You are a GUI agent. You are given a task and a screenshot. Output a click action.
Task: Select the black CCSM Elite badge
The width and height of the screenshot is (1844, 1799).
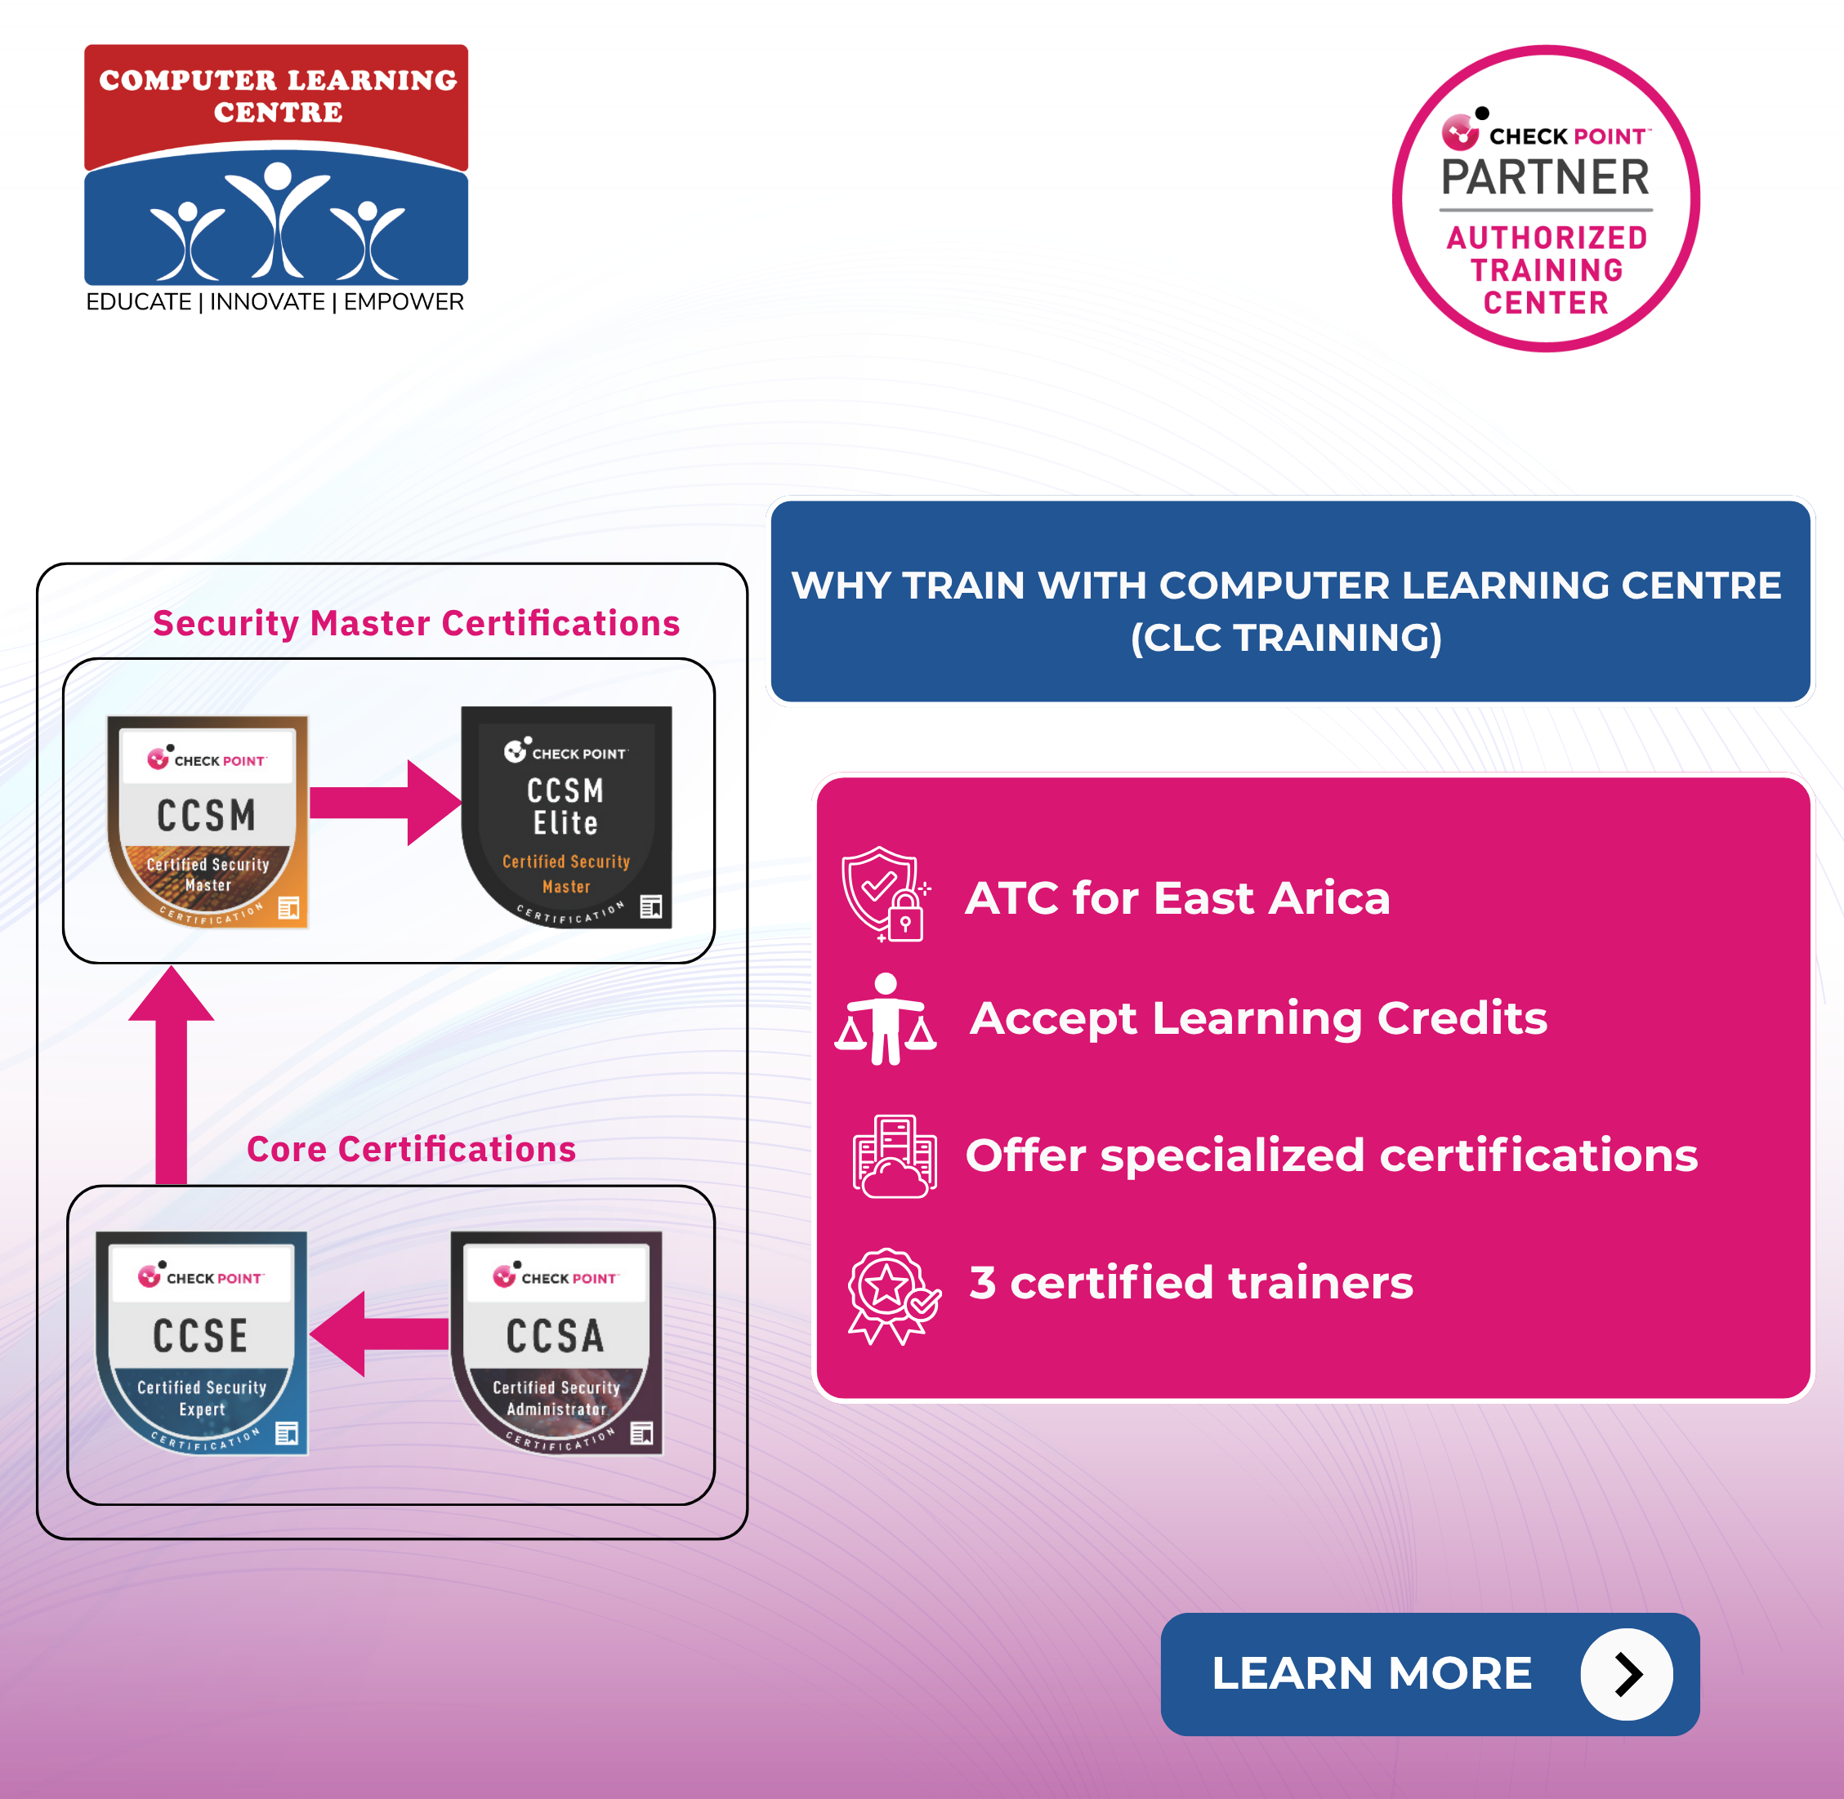pyautogui.click(x=566, y=817)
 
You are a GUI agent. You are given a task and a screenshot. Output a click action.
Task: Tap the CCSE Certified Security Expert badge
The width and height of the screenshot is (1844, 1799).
pyautogui.click(x=201, y=1342)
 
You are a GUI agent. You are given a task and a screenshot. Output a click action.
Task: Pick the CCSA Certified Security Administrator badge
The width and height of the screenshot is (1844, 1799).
pyautogui.click(x=556, y=1342)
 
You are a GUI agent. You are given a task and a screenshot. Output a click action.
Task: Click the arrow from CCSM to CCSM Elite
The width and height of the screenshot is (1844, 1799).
pyautogui.click(x=385, y=802)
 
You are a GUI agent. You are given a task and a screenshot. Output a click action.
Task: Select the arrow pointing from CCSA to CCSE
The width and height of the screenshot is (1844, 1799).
pyautogui.click(x=378, y=1334)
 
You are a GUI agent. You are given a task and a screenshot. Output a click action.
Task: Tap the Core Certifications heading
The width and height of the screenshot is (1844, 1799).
pyautogui.click(x=411, y=1149)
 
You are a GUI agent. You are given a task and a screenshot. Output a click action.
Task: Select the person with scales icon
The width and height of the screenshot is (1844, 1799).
pyautogui.click(x=886, y=1021)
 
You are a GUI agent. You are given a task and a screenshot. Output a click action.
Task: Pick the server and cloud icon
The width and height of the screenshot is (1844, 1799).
pyautogui.click(x=893, y=1156)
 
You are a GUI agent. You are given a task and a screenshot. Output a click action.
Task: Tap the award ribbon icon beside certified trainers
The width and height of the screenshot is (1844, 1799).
pyautogui.click(x=892, y=1294)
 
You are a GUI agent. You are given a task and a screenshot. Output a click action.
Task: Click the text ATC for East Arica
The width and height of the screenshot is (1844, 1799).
pyautogui.click(x=1176, y=897)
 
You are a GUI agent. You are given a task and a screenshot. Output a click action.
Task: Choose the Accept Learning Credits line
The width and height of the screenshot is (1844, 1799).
pyautogui.click(x=1258, y=1018)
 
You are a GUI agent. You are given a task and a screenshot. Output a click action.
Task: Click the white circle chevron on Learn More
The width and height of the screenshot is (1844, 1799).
pyautogui.click(x=1626, y=1674)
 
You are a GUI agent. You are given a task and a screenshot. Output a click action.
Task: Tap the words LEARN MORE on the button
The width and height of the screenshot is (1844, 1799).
pyautogui.click(x=1372, y=1673)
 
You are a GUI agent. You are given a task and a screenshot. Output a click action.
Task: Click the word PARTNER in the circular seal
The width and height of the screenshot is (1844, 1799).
pyautogui.click(x=1544, y=178)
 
